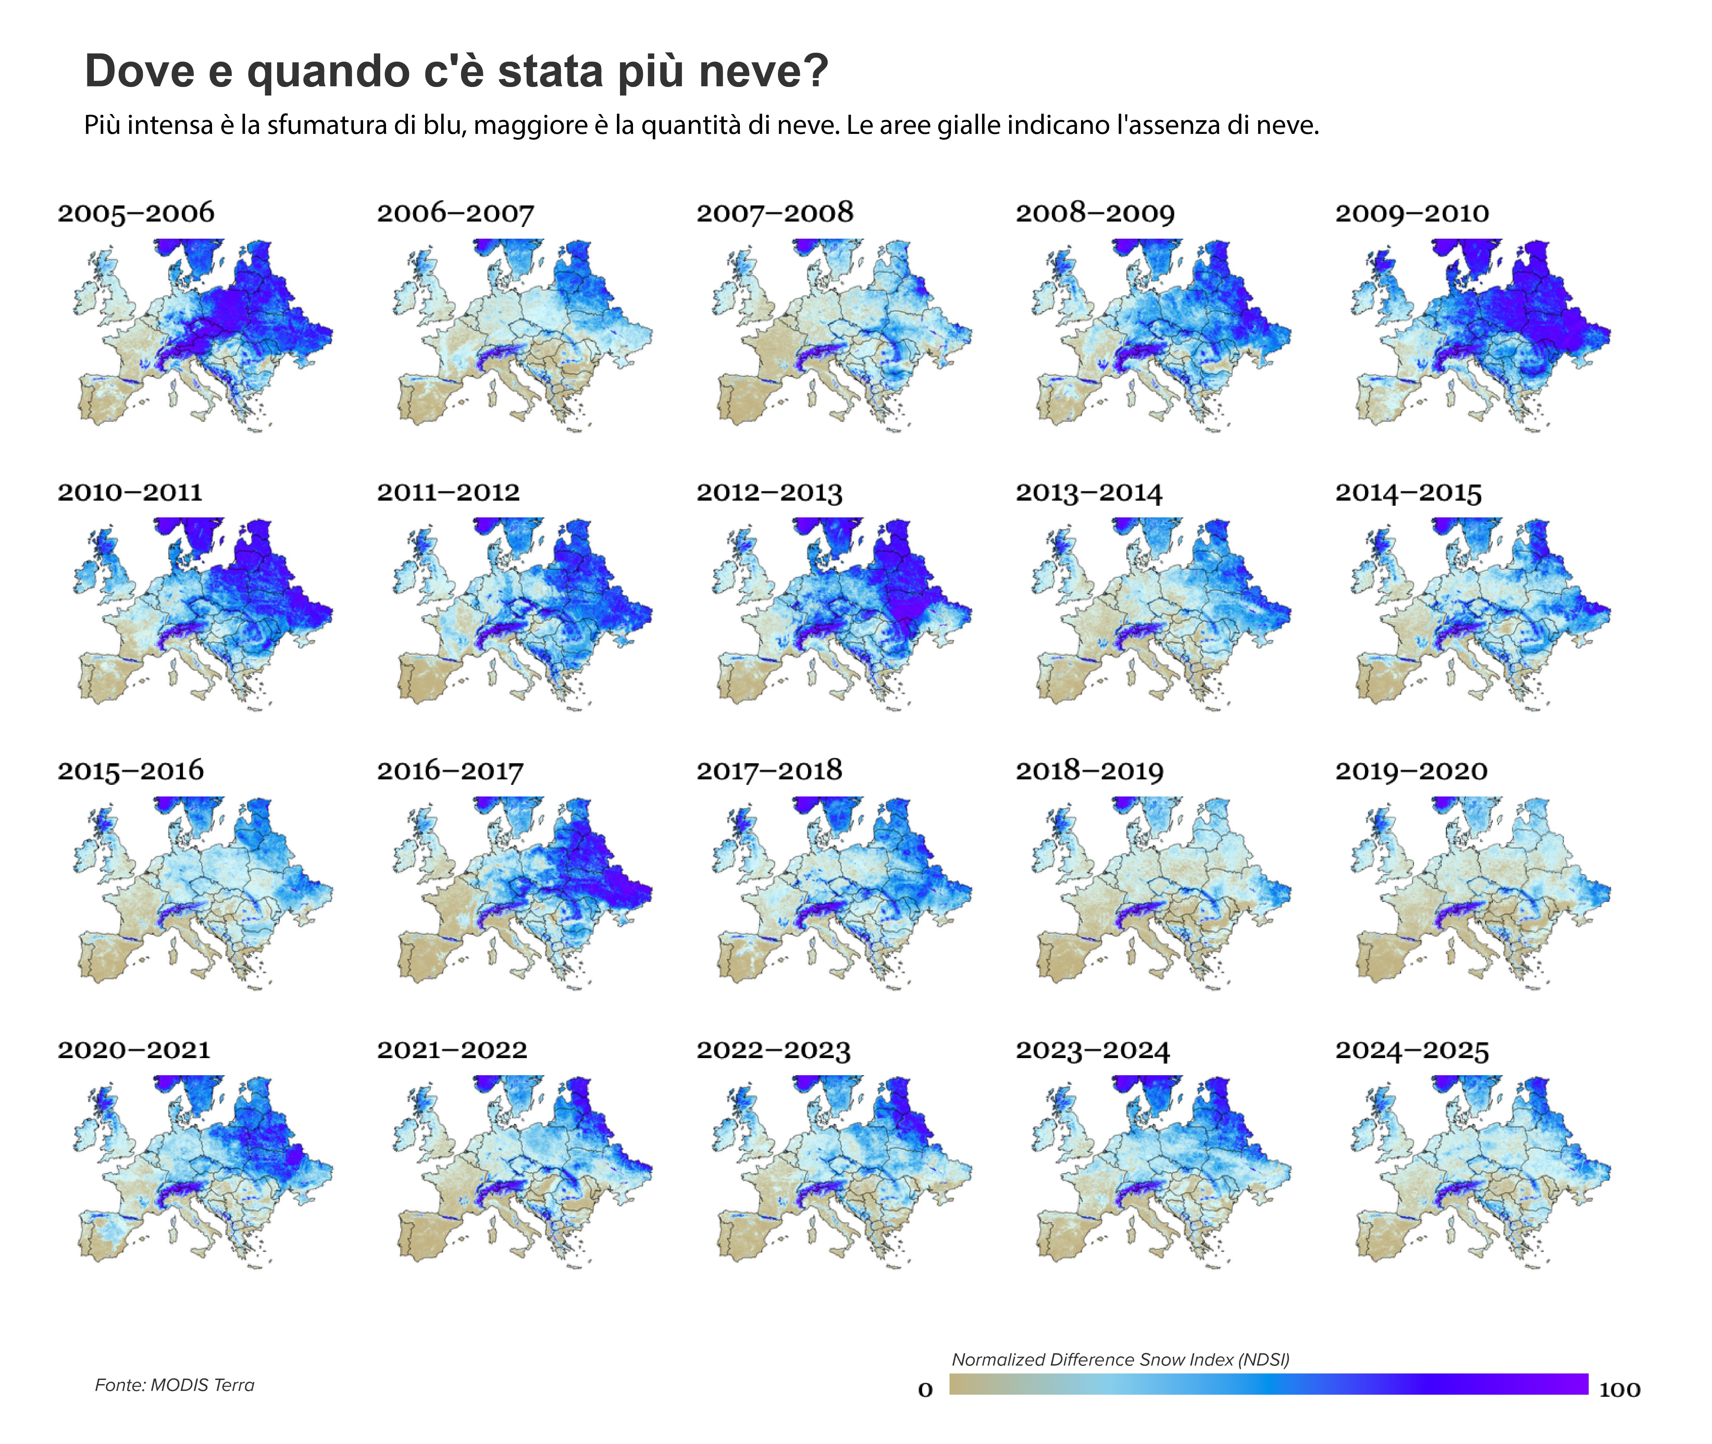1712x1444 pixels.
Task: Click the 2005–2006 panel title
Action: point(136,213)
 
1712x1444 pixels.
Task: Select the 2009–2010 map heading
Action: point(1412,213)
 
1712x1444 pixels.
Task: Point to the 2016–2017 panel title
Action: point(449,771)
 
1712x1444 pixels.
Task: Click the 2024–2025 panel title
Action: point(1412,1050)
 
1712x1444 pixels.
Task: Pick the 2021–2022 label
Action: point(452,1050)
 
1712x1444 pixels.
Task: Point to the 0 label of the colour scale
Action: point(925,1389)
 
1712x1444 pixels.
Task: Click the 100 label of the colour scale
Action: point(1620,1389)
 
